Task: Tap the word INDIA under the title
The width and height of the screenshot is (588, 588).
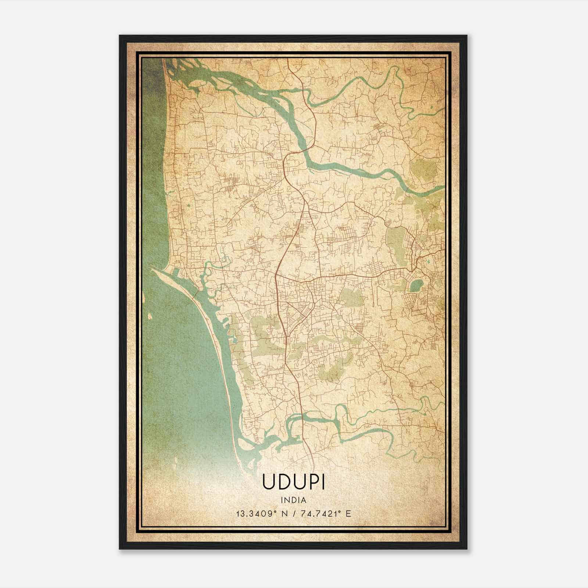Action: coord(294,500)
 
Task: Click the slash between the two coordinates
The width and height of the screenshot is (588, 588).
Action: coord(294,513)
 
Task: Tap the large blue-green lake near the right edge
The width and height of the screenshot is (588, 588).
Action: coord(416,286)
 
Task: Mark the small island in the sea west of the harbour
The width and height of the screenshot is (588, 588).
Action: coord(150,315)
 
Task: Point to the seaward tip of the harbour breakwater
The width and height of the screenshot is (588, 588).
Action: coord(152,269)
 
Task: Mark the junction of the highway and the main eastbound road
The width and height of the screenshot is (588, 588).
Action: coord(276,275)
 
